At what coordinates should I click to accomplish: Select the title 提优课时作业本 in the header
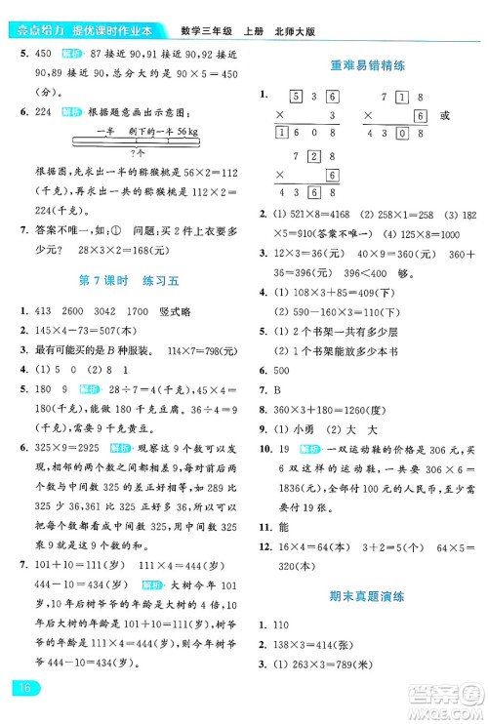103,12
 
